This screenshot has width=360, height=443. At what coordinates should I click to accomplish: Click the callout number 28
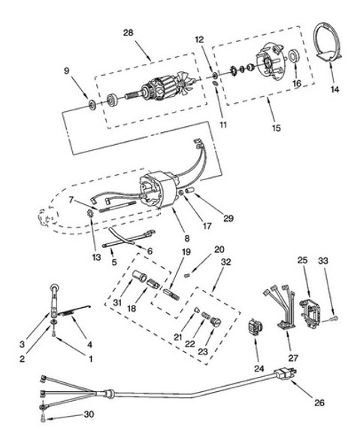tap(128, 33)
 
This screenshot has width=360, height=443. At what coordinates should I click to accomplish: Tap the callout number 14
tap(334, 89)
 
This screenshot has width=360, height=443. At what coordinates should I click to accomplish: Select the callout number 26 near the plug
tap(319, 402)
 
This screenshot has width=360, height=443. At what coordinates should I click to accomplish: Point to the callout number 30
tap(89, 414)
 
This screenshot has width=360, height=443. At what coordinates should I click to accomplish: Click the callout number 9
tap(66, 71)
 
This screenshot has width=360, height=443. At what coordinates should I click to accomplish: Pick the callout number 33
tap(323, 261)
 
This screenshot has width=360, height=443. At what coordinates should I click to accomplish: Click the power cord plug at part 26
tap(286, 375)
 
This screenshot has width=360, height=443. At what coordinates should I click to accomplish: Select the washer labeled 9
tap(92, 105)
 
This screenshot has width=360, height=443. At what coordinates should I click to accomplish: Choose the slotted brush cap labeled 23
tap(216, 322)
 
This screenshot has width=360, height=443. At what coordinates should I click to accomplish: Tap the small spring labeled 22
tap(205, 315)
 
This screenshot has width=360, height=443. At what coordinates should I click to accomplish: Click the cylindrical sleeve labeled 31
tap(140, 276)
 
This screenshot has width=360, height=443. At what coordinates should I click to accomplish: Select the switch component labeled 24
tap(255, 327)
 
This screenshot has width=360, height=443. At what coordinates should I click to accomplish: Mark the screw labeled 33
tap(334, 319)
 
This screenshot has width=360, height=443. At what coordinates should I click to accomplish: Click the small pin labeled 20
tap(188, 275)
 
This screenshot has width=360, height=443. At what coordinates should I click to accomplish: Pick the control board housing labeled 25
tap(310, 313)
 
